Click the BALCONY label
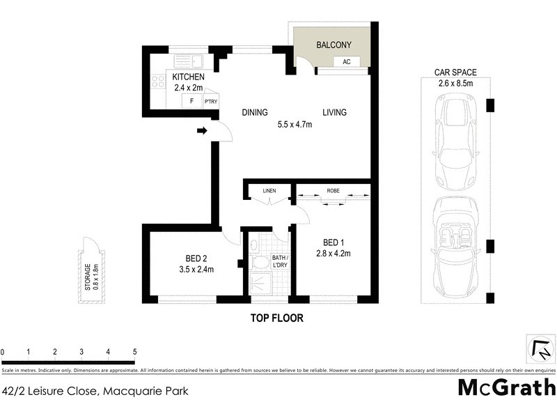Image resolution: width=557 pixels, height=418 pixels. click(x=334, y=45)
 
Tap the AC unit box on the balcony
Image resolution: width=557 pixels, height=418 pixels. click(x=345, y=62)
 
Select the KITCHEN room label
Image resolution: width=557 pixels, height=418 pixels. click(x=187, y=77)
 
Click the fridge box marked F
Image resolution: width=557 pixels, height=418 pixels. click(x=191, y=102)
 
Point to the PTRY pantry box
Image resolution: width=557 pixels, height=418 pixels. click(x=211, y=102)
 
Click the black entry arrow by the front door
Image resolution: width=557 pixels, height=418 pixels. click(x=203, y=130)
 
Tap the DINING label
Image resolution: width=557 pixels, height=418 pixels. click(x=255, y=112)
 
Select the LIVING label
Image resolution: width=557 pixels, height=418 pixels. click(x=334, y=112)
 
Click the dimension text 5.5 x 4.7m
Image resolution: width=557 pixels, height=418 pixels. click(x=295, y=125)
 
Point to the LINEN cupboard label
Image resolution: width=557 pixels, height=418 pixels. click(x=269, y=190)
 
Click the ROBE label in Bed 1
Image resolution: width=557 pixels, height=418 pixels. click(x=333, y=190)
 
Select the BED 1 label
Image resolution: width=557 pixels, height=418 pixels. click(x=332, y=242)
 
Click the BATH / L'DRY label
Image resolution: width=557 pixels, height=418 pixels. click(x=280, y=262)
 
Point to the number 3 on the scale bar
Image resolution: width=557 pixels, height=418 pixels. click(x=81, y=352)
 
